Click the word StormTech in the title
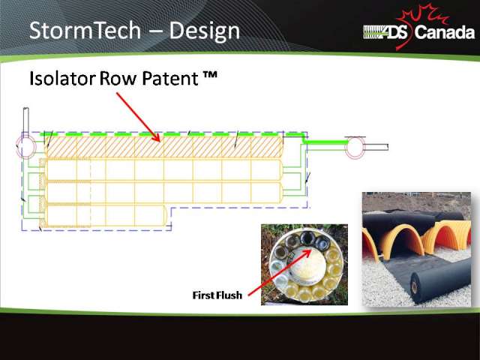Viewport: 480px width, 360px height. point(85,30)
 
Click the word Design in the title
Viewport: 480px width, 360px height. point(204,31)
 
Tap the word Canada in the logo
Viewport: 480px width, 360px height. point(445,32)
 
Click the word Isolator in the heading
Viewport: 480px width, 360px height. point(62,78)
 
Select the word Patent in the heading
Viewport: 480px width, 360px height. point(170,78)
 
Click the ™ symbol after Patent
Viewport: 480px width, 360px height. point(210,75)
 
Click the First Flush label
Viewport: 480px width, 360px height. point(217,295)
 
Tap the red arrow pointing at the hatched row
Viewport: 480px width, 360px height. point(138,117)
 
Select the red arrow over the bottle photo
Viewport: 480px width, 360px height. point(280,272)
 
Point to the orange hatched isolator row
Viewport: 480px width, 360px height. point(164,147)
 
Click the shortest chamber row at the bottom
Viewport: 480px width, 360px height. point(105,216)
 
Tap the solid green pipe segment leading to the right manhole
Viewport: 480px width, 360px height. point(327,142)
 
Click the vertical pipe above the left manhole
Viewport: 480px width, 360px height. point(26,121)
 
